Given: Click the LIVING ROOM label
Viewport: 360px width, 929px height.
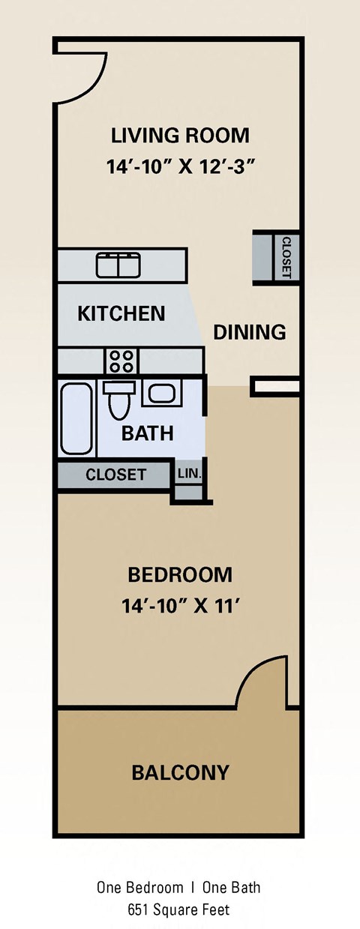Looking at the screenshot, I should click(180, 136).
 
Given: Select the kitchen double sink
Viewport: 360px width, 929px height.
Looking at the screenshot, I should click(118, 265).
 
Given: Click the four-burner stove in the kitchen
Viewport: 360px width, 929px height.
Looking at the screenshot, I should click(121, 361).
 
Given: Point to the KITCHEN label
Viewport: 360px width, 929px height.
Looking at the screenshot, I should click(121, 313).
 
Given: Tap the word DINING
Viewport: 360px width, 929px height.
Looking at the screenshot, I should click(250, 332).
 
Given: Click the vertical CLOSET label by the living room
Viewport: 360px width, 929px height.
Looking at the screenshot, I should click(286, 257).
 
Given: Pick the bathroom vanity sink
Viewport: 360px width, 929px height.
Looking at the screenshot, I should click(160, 393).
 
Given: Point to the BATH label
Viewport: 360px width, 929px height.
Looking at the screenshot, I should click(148, 433).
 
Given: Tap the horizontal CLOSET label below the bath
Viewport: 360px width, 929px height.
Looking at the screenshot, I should click(115, 475).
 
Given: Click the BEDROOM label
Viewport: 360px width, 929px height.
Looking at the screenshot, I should click(180, 575).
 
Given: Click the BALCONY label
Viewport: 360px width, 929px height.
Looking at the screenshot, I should click(180, 772).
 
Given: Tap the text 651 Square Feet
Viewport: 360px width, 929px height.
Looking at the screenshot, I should click(179, 910).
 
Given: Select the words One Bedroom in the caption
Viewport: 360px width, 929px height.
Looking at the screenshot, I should click(139, 888).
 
